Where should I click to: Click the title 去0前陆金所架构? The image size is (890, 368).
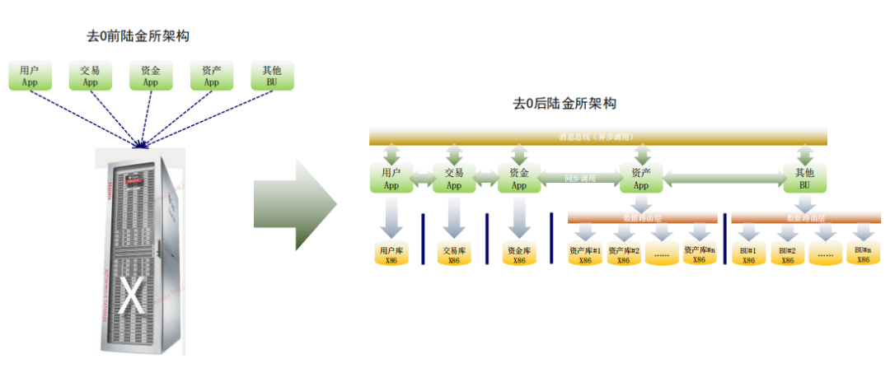(143, 35)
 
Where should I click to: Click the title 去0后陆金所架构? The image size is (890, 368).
(564, 104)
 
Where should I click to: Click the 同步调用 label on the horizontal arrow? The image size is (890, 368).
(579, 179)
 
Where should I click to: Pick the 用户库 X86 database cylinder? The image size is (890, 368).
(389, 254)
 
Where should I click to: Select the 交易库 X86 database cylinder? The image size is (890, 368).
(453, 254)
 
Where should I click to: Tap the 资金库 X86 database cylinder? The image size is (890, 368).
(518, 254)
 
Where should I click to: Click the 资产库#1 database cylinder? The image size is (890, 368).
(585, 254)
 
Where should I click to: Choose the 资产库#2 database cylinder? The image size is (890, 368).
(624, 254)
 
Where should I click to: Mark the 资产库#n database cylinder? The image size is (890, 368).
(699, 254)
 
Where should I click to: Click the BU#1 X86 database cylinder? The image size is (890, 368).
(748, 254)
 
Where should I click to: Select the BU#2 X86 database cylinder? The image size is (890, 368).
(787, 254)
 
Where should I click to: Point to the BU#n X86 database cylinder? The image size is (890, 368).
(863, 254)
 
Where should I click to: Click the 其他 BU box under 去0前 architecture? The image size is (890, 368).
(272, 76)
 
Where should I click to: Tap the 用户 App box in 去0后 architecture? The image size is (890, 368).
(391, 179)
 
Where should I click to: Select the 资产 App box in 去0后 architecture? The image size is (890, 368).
(642, 179)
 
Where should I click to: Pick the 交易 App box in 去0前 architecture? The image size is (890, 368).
(90, 76)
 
